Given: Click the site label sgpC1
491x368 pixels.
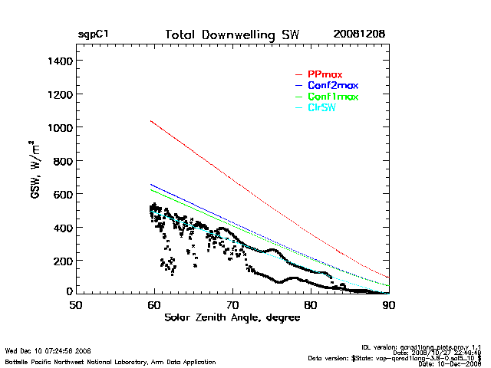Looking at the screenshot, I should point(93,35).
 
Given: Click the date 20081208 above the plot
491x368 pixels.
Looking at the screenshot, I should point(359,35).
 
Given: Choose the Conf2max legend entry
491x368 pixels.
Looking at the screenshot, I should point(332,85).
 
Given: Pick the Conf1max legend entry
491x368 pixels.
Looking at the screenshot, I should point(332,97).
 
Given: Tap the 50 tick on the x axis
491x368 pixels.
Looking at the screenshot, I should point(76,305).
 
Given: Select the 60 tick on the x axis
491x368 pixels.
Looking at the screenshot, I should point(154,305).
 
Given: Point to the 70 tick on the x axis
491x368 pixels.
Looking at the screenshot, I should point(232,305).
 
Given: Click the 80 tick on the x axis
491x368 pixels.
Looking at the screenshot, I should point(311,305).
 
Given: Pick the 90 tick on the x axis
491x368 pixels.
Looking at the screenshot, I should point(389,305).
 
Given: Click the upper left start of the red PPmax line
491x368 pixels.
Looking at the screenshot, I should point(151,120).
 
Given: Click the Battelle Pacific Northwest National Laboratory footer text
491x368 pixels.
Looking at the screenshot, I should point(110,361).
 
